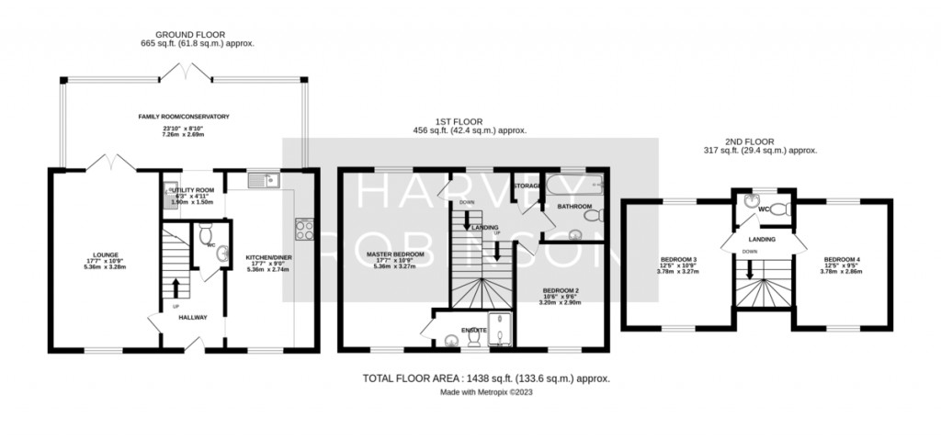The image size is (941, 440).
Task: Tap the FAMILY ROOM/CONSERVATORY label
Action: (x=183, y=117)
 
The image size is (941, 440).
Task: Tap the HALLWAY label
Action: (x=193, y=318)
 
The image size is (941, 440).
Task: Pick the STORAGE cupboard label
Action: (x=527, y=186)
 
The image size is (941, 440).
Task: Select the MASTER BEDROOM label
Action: (x=395, y=254)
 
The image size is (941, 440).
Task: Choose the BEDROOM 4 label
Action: (x=842, y=259)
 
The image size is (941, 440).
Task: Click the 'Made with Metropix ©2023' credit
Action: (x=486, y=391)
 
